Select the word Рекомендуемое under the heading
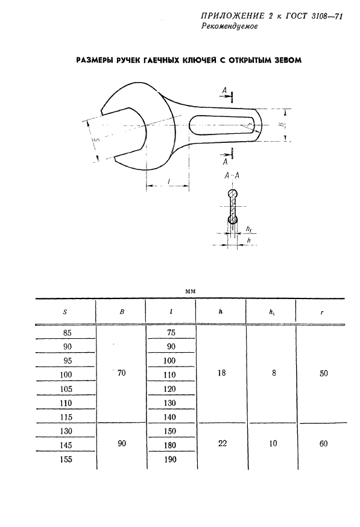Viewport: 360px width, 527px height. (230, 27)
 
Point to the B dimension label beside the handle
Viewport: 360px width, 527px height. (282, 125)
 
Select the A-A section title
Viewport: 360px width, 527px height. (232, 175)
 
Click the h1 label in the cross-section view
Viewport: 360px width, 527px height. (249, 229)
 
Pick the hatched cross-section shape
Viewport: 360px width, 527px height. (232, 206)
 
